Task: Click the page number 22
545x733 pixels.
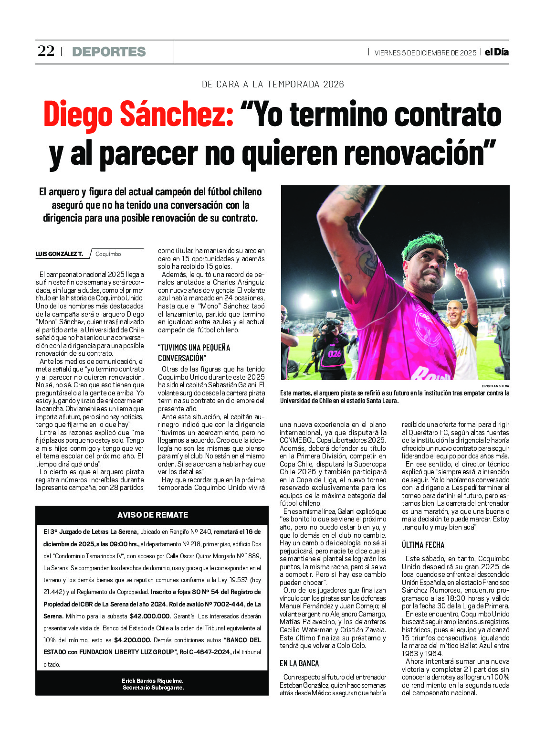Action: (x=46, y=51)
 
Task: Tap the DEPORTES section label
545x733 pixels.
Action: (x=109, y=52)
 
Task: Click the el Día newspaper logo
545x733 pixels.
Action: (x=497, y=52)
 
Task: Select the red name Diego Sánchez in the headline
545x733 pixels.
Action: (x=138, y=115)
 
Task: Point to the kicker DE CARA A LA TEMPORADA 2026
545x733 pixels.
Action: (x=272, y=85)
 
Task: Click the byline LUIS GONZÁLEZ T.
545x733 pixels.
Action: (x=59, y=254)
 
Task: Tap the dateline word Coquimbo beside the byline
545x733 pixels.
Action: (x=108, y=254)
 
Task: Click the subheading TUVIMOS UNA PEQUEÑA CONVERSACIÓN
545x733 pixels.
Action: (x=194, y=352)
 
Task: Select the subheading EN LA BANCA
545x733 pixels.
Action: (x=299, y=663)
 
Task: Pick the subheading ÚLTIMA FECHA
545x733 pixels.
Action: (x=423, y=545)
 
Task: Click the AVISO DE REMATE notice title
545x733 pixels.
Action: (x=153, y=515)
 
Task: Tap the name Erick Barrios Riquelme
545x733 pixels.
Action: (x=152, y=681)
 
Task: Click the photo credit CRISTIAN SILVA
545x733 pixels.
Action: (x=495, y=386)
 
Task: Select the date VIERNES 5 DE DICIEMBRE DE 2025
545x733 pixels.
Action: (x=425, y=53)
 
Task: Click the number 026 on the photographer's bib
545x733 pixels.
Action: (x=335, y=354)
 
